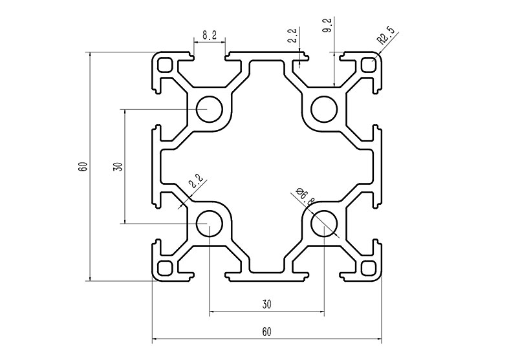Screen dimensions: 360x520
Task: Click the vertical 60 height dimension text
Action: tap(83, 166)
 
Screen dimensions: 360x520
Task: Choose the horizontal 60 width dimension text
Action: tap(266, 332)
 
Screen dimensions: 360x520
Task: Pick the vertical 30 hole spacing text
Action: tap(117, 166)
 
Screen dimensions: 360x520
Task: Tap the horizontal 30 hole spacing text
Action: tap(266, 304)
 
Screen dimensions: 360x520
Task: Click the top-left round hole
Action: tap(209, 109)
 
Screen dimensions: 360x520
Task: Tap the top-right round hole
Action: tap(323, 109)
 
